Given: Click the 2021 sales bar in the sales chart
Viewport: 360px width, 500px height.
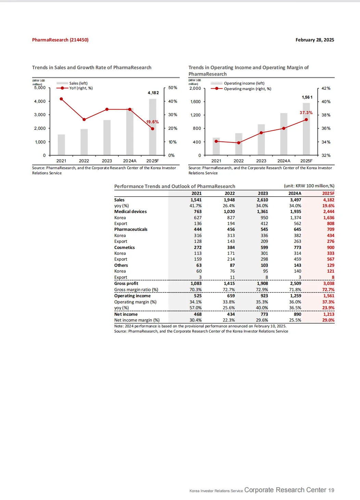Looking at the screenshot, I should point(61,145).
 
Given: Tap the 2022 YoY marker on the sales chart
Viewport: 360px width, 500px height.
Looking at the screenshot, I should point(84,120).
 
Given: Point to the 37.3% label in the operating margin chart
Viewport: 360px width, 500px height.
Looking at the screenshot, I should point(306,113).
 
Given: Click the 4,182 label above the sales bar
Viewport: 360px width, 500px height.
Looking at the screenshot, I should point(153,93).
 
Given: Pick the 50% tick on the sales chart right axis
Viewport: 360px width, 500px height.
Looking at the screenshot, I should point(172,88).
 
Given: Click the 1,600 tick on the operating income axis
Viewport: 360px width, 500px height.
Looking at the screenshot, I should point(195,102).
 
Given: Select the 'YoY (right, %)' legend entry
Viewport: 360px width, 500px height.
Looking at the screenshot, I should point(81,88).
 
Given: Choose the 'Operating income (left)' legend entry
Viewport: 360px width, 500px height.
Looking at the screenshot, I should point(244,83).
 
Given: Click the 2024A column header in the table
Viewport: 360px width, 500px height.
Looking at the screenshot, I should point(295,193).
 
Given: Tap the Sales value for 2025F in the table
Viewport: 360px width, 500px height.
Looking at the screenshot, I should point(329,200).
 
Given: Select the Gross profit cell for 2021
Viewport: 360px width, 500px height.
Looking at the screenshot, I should point(196,284).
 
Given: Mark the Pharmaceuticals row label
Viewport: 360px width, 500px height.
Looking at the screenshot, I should point(131,229).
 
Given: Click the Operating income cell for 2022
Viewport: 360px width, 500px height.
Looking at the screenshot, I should point(231,296).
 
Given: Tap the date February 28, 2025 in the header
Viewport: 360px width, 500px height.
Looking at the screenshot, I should point(314,40).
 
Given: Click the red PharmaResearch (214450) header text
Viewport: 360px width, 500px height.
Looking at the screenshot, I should point(60,40).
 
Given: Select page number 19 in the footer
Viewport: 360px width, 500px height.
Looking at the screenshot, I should point(331,490).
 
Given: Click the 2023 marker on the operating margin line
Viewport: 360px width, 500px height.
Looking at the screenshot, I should point(261,133).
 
